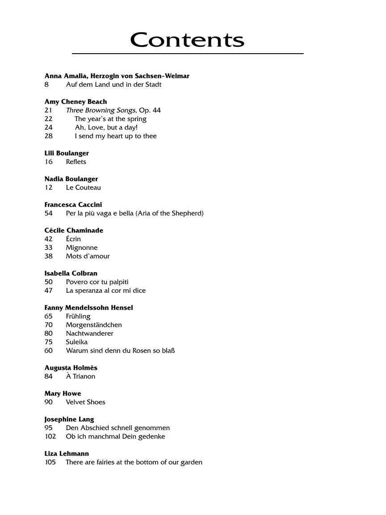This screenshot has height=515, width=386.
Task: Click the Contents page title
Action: tap(187, 40)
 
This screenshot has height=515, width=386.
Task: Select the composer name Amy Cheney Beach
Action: tap(76, 101)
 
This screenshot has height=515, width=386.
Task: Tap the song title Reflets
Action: tap(76, 162)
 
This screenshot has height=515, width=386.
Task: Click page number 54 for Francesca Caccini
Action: tap(49, 213)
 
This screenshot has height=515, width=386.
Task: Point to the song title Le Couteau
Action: tap(83, 187)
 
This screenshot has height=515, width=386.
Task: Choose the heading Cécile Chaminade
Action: tap(74, 230)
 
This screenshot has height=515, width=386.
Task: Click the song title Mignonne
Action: tap(81, 248)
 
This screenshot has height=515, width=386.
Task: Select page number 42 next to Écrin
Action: tap(49, 239)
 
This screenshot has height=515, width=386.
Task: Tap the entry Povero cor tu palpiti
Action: tap(97, 282)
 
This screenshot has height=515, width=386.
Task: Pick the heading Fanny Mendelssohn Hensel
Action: tap(88, 308)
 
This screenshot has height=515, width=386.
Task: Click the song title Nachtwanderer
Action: tap(89, 333)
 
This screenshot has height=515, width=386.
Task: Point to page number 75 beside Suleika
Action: tap(49, 342)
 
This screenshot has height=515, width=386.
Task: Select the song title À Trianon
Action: tap(80, 376)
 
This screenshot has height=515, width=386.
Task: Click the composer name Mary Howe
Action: tap(63, 393)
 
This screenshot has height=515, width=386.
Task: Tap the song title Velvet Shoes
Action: tap(85, 402)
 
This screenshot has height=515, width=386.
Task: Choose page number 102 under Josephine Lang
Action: tap(50, 436)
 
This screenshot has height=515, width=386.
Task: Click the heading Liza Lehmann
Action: tap(67, 453)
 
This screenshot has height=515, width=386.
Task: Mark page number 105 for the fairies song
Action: tap(50, 462)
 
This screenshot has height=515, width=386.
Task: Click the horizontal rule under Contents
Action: tap(188, 54)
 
